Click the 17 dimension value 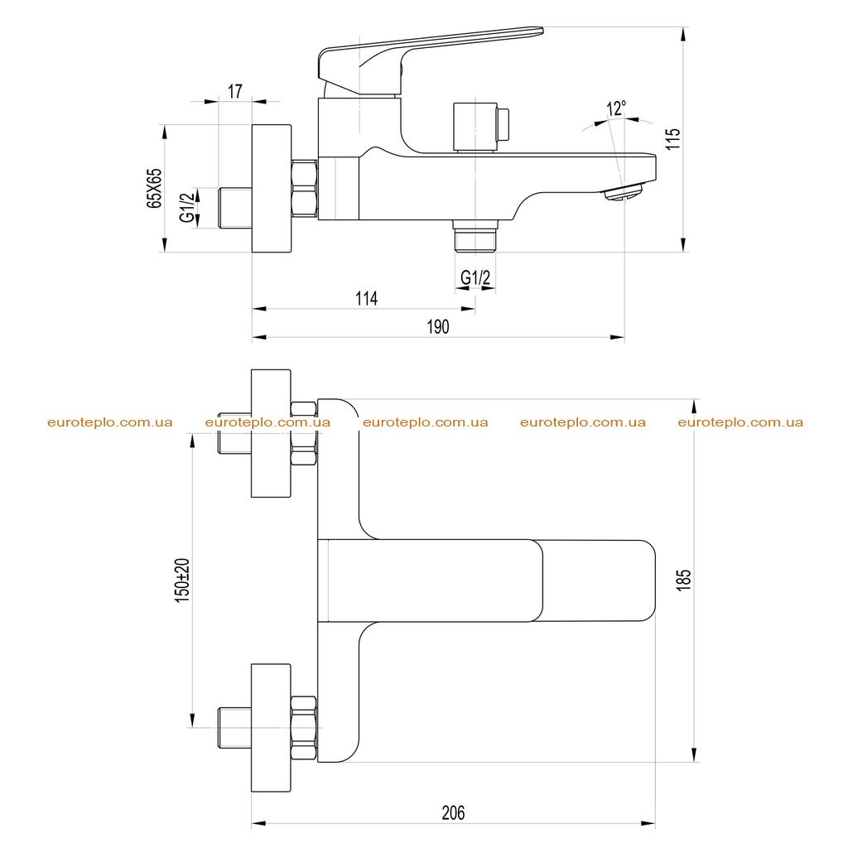coord(234,91)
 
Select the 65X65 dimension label coord(153,188)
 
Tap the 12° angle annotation coord(616,108)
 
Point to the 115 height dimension coord(672,139)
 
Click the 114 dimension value coord(366,298)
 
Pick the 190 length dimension coord(438,326)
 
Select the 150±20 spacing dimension coord(182,581)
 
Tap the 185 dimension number coord(683,580)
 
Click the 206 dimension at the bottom coord(453,812)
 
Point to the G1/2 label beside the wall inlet coord(187,208)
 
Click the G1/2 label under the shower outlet coord(475,277)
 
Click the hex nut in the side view coord(304,190)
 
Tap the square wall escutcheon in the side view coord(272,189)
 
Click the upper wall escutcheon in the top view coord(271,433)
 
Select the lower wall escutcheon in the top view coord(271,728)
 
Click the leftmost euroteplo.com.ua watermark coord(110,422)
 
